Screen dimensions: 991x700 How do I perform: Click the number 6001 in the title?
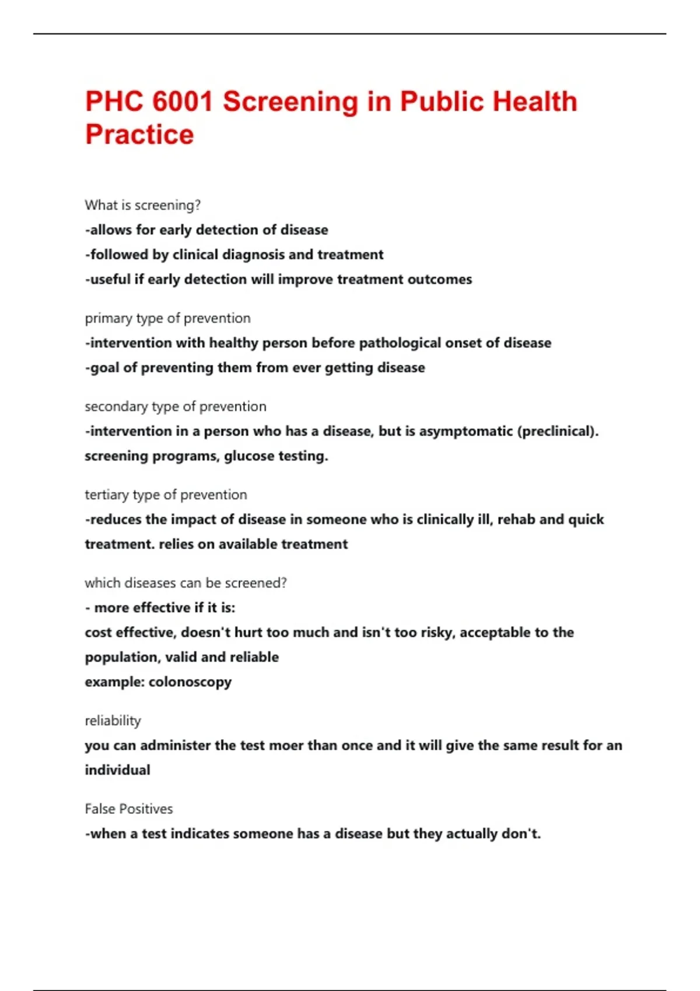coord(183,101)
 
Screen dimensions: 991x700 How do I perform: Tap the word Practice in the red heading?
coord(139,135)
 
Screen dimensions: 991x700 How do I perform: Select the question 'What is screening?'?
coord(142,205)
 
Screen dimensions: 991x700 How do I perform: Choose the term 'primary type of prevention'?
coord(167,318)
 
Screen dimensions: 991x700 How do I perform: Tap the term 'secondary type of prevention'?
coord(175,406)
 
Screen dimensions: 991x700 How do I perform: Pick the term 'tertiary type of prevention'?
coord(166,495)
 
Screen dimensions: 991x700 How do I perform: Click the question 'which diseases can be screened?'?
coord(185,583)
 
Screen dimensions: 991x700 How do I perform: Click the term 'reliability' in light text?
coord(113,721)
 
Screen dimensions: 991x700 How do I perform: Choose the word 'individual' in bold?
coord(117,770)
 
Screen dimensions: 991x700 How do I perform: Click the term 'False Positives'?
coord(128,809)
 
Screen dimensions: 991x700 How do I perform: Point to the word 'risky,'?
coord(438,632)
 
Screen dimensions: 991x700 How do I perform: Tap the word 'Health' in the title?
coord(534,101)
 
